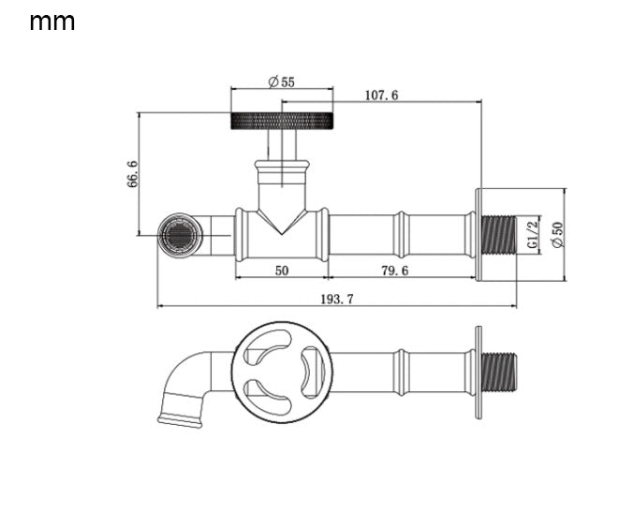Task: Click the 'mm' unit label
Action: [52, 22]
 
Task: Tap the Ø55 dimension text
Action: [282, 82]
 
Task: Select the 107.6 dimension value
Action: [381, 95]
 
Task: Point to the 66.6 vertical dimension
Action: [132, 174]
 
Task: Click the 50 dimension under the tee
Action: [282, 271]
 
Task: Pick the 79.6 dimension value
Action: [395, 271]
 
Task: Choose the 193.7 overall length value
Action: [337, 300]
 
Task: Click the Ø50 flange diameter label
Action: [557, 235]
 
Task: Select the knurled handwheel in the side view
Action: [282, 121]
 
